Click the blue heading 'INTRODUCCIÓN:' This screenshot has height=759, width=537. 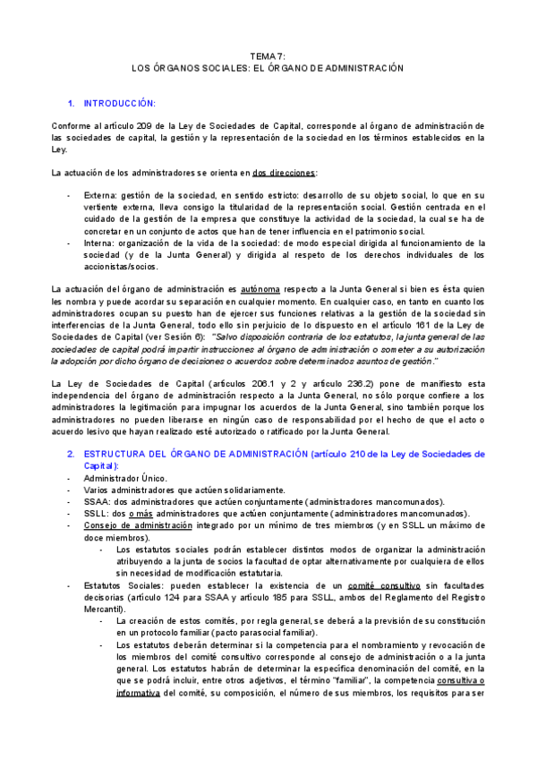point(120,103)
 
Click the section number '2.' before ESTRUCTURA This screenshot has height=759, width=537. point(72,454)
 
